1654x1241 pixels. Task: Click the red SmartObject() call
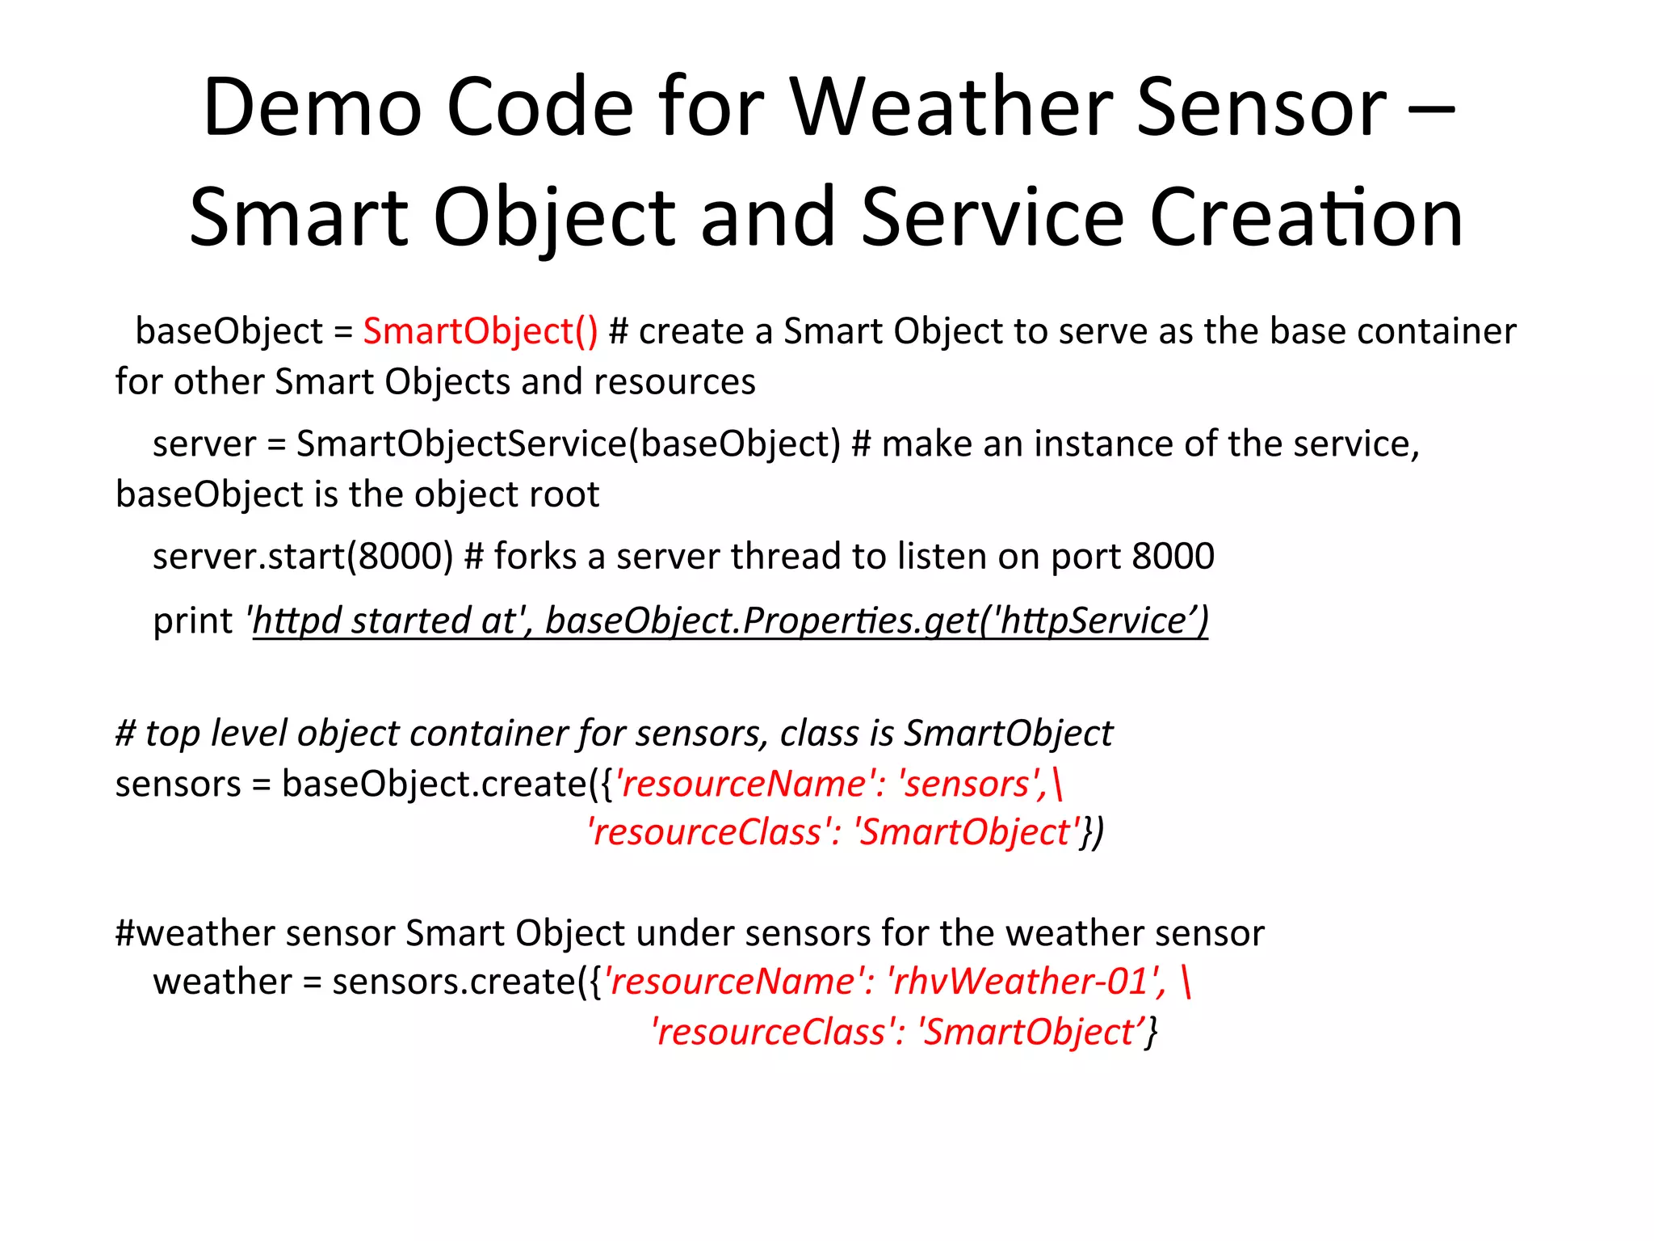pos(481,331)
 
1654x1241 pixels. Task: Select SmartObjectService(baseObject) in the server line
pos(569,444)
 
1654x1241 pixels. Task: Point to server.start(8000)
pos(303,557)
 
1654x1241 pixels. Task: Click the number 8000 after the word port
pos(1173,557)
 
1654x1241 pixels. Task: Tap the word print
pos(192,621)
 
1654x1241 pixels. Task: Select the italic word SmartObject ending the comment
pos(1008,734)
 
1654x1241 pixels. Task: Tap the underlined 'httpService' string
pos(1094,621)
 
